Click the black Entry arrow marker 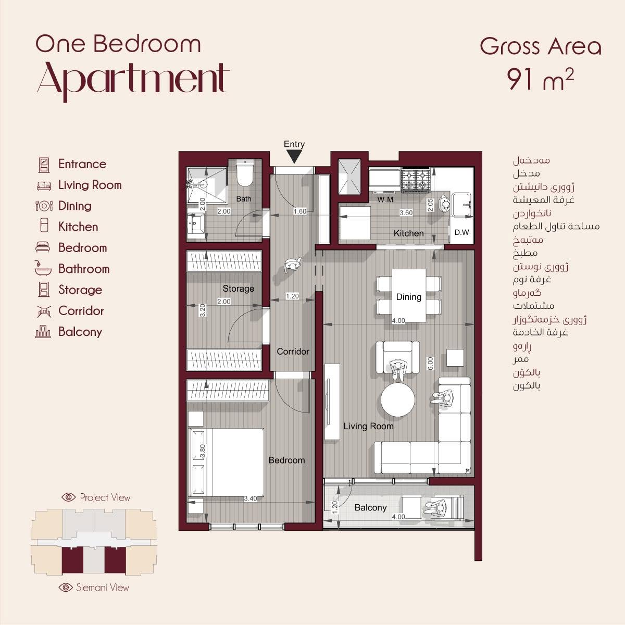[x=294, y=157]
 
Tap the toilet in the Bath [x=245, y=173]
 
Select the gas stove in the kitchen [x=416, y=179]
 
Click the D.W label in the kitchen [x=461, y=232]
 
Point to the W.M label [x=385, y=200]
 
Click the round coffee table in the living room [x=397, y=400]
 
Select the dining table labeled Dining [x=409, y=295]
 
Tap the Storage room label [x=239, y=289]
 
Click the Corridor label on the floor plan [x=293, y=351]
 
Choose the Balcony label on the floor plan [x=370, y=508]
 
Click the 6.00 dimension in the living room [x=430, y=364]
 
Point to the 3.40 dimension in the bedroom [x=251, y=498]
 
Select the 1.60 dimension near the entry [x=299, y=211]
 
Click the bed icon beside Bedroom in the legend [x=43, y=247]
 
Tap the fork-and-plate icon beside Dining [x=44, y=206]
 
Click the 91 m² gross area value [x=540, y=80]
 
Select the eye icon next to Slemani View [x=66, y=587]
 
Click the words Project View [x=105, y=497]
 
